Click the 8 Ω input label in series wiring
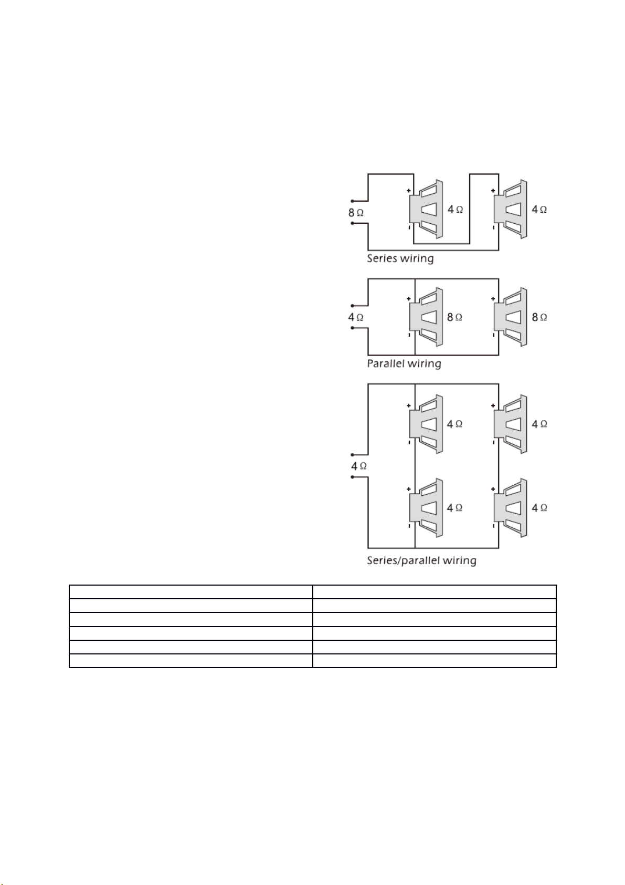[x=356, y=213]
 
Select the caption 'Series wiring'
[x=400, y=258]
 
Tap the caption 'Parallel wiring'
[x=404, y=363]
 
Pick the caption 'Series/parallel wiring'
[x=421, y=560]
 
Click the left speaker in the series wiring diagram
[x=426, y=209]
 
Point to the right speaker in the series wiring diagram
[x=511, y=209]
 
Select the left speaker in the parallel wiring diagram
[x=426, y=317]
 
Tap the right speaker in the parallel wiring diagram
[x=511, y=317]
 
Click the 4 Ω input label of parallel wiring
[x=356, y=317]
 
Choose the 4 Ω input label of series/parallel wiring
[x=359, y=466]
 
